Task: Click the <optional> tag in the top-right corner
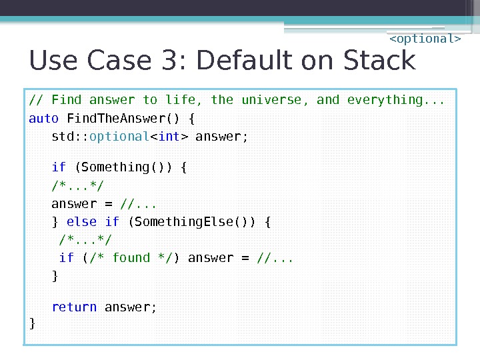pos(425,39)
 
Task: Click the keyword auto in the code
pos(44,119)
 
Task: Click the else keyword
pos(82,222)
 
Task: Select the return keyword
pos(74,307)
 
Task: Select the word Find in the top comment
pos(67,100)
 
